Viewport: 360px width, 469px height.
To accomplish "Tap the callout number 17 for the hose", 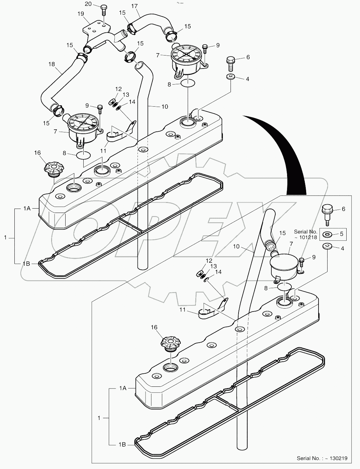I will tap(134, 6).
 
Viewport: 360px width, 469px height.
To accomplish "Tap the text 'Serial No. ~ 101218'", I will tap(306, 234).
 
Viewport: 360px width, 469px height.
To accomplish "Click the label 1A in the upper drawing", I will tap(27, 208).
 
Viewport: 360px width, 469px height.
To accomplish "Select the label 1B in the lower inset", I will tap(122, 445).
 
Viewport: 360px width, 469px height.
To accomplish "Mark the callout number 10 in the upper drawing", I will tap(164, 107).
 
